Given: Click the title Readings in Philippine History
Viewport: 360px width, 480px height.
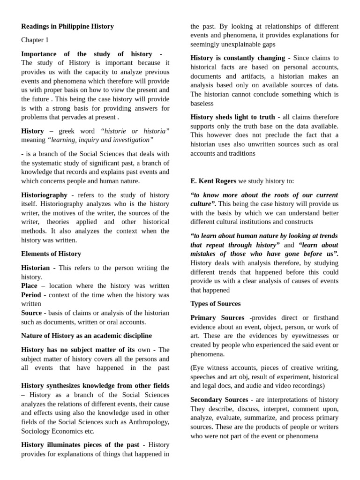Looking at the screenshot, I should [67, 26].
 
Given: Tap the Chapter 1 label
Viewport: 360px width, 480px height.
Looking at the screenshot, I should [35, 40].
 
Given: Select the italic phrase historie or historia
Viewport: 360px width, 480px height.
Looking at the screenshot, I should [135, 131].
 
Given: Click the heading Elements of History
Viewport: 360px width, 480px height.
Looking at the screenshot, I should [51, 254].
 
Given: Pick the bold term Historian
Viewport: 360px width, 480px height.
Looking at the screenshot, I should [35, 268].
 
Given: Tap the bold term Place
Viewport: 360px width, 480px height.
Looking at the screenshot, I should [29, 285].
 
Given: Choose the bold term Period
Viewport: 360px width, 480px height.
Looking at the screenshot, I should [31, 295].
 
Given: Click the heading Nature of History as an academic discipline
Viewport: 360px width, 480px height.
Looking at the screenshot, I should [86, 336].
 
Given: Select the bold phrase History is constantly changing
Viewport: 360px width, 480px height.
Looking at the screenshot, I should [238, 58].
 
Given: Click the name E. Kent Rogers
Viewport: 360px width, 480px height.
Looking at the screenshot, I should [213, 181].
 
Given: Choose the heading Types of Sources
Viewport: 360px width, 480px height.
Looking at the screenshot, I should [216, 304].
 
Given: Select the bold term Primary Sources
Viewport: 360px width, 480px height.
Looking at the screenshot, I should [217, 318].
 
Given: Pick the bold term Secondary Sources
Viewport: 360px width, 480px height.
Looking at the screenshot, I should [219, 400].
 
